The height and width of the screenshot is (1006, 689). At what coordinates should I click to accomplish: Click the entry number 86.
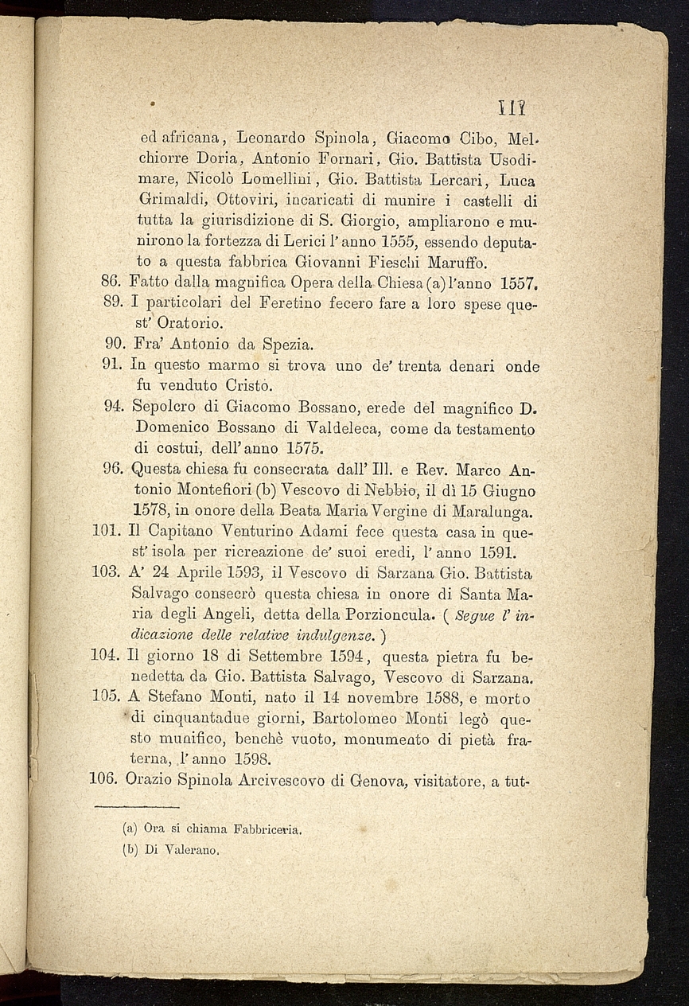point(111,281)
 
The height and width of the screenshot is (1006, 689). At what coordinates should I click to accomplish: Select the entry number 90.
point(115,345)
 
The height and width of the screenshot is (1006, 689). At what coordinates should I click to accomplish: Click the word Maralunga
point(482,509)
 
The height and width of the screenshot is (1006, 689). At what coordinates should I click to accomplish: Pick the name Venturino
point(253,528)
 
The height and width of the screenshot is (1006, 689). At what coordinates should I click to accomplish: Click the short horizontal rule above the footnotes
point(146,808)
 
